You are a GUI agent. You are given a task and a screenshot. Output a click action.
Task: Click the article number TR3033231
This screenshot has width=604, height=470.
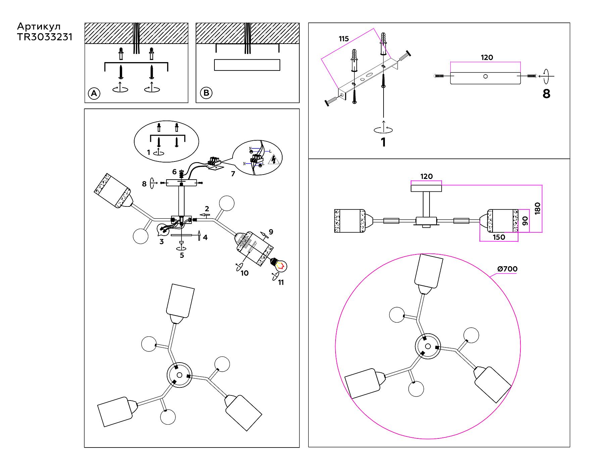coord(45,37)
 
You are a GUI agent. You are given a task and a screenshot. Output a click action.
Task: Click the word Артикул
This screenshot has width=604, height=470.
coord(39,26)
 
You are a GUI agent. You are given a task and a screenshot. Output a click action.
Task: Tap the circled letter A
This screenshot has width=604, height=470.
coord(94,93)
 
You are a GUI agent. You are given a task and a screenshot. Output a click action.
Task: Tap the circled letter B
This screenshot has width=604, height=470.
coord(206,93)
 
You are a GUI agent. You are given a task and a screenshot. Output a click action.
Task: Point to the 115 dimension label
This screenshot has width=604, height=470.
coord(344,39)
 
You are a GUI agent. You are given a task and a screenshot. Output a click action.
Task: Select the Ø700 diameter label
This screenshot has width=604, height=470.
coord(507,269)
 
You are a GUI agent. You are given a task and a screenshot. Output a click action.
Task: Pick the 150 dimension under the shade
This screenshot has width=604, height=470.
coord(499,237)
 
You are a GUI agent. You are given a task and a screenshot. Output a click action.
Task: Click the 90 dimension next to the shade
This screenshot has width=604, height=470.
coord(525,221)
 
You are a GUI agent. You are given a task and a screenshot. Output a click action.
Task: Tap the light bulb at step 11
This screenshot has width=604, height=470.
coord(279,265)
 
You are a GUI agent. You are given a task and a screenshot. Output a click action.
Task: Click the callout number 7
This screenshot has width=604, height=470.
coord(233,174)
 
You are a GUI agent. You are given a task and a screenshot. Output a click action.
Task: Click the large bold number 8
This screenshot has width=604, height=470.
coord(546,94)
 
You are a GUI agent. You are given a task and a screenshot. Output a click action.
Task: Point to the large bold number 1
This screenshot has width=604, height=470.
coord(383,142)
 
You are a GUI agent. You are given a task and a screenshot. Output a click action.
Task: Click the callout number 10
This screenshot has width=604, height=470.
coord(245,273)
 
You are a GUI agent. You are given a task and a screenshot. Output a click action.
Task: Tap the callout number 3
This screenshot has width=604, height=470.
coord(161,241)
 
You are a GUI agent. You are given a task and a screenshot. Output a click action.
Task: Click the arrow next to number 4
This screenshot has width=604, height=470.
coord(199,236)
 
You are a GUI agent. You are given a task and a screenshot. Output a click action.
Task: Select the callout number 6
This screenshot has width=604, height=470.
coord(174,172)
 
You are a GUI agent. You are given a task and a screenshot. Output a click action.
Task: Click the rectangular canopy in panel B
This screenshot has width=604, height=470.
coord(247,65)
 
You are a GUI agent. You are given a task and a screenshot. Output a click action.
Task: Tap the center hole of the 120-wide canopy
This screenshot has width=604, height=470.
coord(485,76)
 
